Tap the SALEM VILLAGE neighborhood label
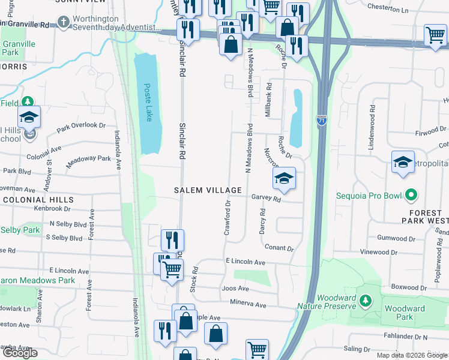(x=199, y=190)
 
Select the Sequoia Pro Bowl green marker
(x=411, y=195)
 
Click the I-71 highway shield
(x=322, y=121)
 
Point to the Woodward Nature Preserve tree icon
(x=364, y=299)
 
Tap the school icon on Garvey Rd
(x=284, y=178)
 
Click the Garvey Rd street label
(x=267, y=197)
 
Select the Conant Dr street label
(x=279, y=248)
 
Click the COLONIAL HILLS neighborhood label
(x=37, y=200)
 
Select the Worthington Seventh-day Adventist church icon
(x=64, y=23)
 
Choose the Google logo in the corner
(x=20, y=353)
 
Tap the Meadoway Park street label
(x=88, y=159)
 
